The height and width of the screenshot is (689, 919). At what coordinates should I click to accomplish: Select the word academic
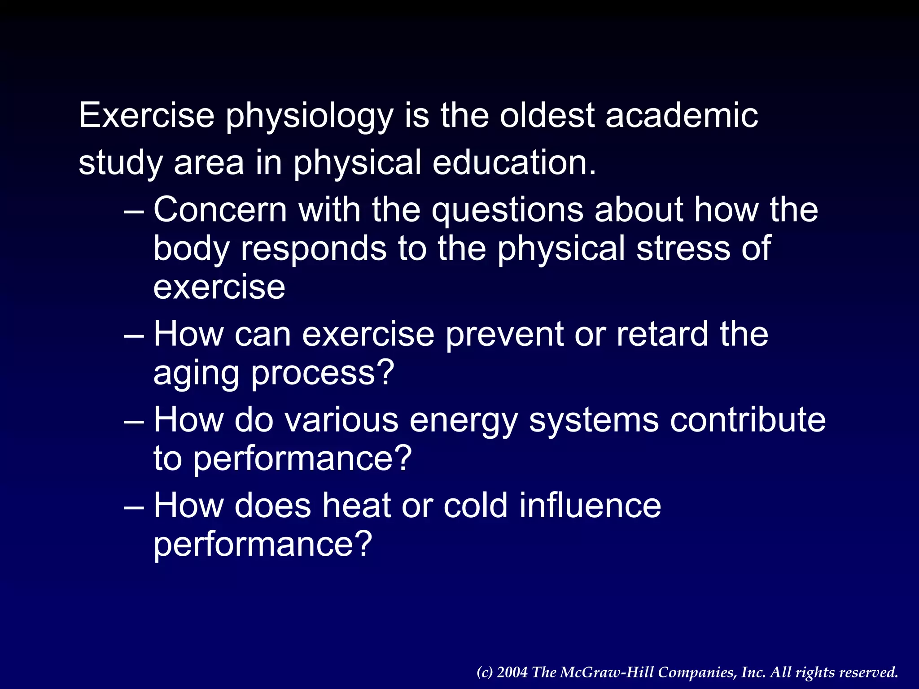[x=682, y=116]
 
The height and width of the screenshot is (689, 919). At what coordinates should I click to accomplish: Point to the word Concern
[x=220, y=209]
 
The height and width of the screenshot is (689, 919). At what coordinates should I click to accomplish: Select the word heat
[x=356, y=506]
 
